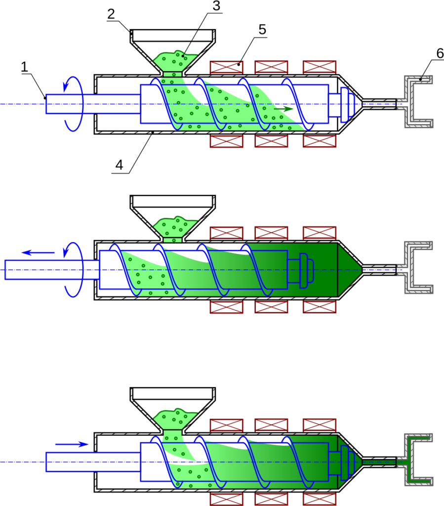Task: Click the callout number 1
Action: click(25, 67)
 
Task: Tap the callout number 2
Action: click(111, 14)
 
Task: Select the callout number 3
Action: click(216, 6)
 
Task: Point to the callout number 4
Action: click(120, 165)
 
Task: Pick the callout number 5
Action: click(262, 29)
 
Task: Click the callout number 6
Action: click(440, 53)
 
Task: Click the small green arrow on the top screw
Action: click(283, 109)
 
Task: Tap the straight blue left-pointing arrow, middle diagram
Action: click(38, 253)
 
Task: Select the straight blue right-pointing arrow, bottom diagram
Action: click(72, 444)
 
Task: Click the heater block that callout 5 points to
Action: click(226, 67)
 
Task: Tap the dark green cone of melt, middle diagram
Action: click(350, 270)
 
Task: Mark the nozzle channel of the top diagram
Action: click(379, 104)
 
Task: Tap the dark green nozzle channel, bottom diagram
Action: click(379, 462)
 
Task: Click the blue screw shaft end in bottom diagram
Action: click(93, 462)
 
